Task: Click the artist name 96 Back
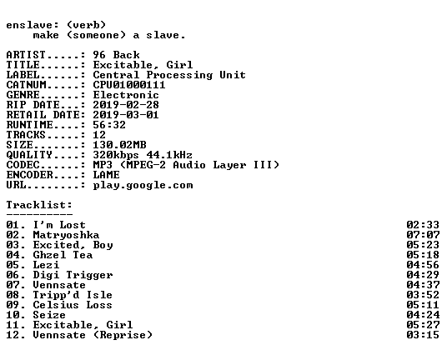coord(116,55)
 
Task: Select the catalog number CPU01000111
coord(129,85)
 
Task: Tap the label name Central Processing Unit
coord(169,75)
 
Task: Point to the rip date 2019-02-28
coord(126,105)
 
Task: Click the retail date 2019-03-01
coord(126,115)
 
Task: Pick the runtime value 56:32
coord(109,125)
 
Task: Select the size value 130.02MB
coord(119,145)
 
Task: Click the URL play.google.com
coord(143,185)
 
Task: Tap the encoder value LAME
coord(107,175)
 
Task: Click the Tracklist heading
coord(39,205)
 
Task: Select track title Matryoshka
coord(66,235)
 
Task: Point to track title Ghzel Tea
coord(63,255)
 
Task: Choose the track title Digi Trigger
coord(73,275)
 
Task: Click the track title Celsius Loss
coord(73,305)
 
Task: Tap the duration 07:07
coord(423,235)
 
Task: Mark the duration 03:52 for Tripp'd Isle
coord(423,295)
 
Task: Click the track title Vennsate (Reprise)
coord(93,335)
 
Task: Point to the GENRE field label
coord(23,95)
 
